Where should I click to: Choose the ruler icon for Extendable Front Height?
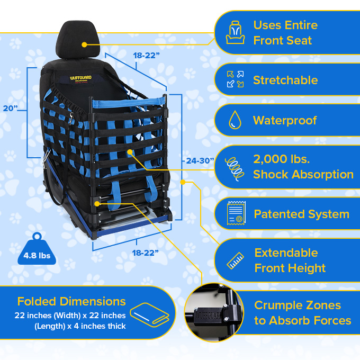click(235, 260)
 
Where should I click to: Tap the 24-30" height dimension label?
click(200, 160)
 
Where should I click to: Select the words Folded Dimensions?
click(71, 302)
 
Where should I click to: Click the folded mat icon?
click(150, 316)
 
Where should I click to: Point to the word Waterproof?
click(285, 120)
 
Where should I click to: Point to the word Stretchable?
click(285, 80)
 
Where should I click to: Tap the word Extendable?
click(286, 253)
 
